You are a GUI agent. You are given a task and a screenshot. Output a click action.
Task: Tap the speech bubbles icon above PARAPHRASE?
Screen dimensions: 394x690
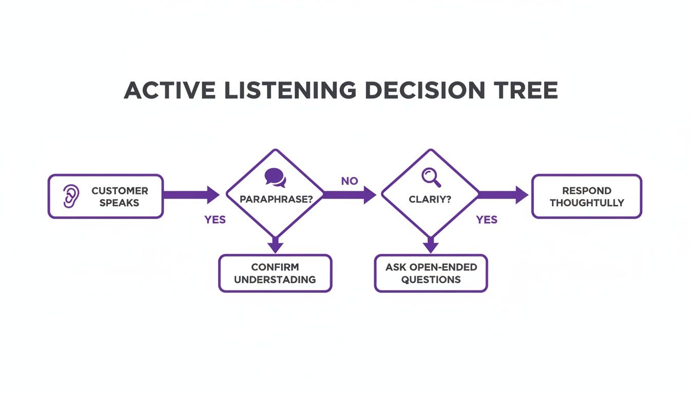coord(275,178)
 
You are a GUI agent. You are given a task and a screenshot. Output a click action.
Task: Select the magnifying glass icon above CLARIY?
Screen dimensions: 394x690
coord(431,177)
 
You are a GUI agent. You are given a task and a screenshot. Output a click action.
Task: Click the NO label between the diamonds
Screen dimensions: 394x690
coord(349,181)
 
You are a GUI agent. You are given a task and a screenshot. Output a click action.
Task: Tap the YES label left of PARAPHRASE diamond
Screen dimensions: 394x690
coord(215,220)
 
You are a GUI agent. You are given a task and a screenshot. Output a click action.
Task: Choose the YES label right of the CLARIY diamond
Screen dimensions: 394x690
coord(487,220)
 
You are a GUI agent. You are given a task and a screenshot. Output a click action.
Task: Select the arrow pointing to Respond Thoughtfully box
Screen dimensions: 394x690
coord(503,195)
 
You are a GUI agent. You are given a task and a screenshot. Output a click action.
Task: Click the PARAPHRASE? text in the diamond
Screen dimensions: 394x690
coord(276,199)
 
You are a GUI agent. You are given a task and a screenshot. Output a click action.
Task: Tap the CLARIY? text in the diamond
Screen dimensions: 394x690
coord(431,199)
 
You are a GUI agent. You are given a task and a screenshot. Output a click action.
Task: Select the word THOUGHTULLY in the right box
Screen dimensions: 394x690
coord(587,203)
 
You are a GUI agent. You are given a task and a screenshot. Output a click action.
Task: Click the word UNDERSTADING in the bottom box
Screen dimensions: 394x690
coord(275,280)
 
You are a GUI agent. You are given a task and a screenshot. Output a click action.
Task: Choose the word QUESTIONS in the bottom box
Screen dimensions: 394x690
coord(431,280)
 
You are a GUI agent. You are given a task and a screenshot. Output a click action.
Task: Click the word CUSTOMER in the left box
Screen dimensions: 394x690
coord(120,190)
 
